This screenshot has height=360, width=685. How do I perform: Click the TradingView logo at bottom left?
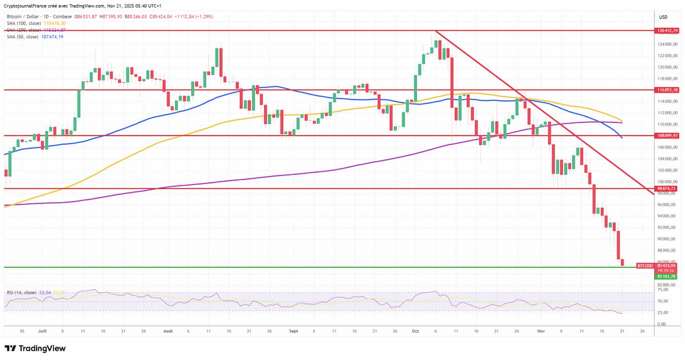pyautogui.click(x=35, y=348)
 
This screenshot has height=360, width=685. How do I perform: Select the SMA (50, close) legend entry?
pyautogui.click(x=23, y=37)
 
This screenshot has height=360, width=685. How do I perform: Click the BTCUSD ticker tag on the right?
pyautogui.click(x=644, y=266)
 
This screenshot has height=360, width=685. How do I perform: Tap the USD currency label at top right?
pyautogui.click(x=663, y=17)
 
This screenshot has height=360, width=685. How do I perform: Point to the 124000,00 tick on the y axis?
pyautogui.click(x=667, y=45)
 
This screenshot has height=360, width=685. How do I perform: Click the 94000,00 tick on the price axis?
pyautogui.click(x=667, y=216)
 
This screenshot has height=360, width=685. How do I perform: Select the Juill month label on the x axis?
pyautogui.click(x=42, y=331)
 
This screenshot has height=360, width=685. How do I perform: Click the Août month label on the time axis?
pyautogui.click(x=168, y=331)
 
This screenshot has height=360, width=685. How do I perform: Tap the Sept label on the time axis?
pyautogui.click(x=293, y=331)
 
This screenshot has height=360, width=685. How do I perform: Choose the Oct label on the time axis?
pyautogui.click(x=415, y=331)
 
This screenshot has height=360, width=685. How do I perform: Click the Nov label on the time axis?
pyautogui.click(x=542, y=331)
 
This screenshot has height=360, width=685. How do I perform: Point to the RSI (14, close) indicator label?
pyautogui.click(x=22, y=293)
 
